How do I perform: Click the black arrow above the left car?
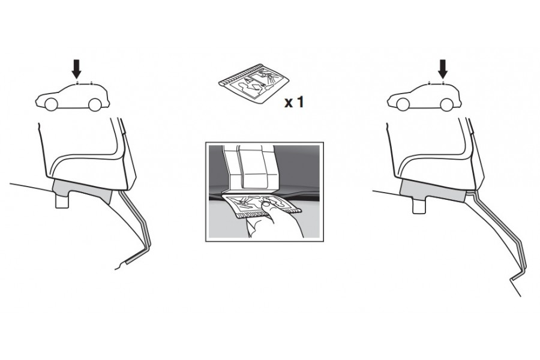[76, 69]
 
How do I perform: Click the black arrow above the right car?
[443, 69]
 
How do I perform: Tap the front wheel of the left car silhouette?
[50, 105]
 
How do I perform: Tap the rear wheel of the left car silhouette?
[95, 105]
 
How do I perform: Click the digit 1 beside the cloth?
[300, 102]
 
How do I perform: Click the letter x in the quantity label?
[288, 103]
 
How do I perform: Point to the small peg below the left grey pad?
[62, 202]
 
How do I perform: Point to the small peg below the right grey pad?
[420, 206]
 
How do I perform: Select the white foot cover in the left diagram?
[86, 152]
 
